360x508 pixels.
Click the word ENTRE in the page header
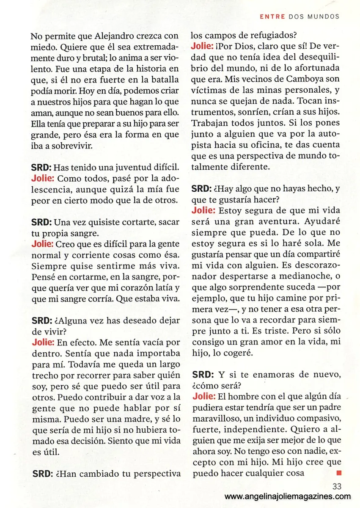click(272, 17)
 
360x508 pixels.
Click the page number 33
click(337, 487)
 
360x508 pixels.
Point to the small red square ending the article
click(338, 472)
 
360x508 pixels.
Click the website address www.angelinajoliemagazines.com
click(288, 497)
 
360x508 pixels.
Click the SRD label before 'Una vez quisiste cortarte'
click(41, 222)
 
